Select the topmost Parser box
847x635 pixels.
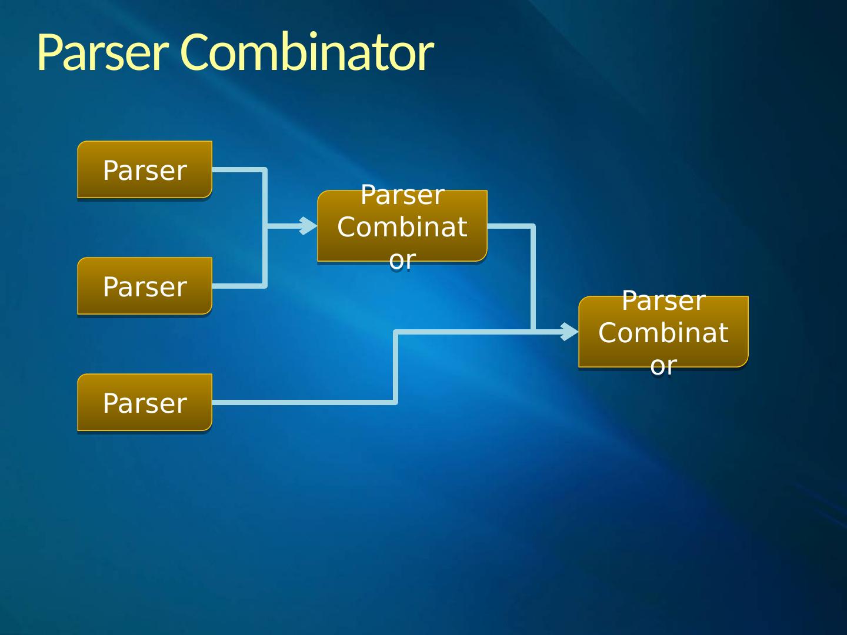click(145, 170)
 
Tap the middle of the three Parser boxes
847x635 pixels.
click(145, 286)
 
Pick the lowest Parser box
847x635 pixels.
click(145, 403)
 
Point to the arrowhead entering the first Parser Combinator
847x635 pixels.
click(309, 226)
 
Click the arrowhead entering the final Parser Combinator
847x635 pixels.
click(570, 332)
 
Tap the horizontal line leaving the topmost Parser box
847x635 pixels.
click(238, 170)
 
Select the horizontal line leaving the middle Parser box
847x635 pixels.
click(238, 286)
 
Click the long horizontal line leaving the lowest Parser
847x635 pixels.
click(303, 402)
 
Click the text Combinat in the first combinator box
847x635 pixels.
click(402, 227)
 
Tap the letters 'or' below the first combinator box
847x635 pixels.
click(402, 259)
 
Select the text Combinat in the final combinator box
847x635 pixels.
click(663, 333)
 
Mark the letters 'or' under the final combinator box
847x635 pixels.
click(663, 365)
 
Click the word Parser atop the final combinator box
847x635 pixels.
click(663, 301)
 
